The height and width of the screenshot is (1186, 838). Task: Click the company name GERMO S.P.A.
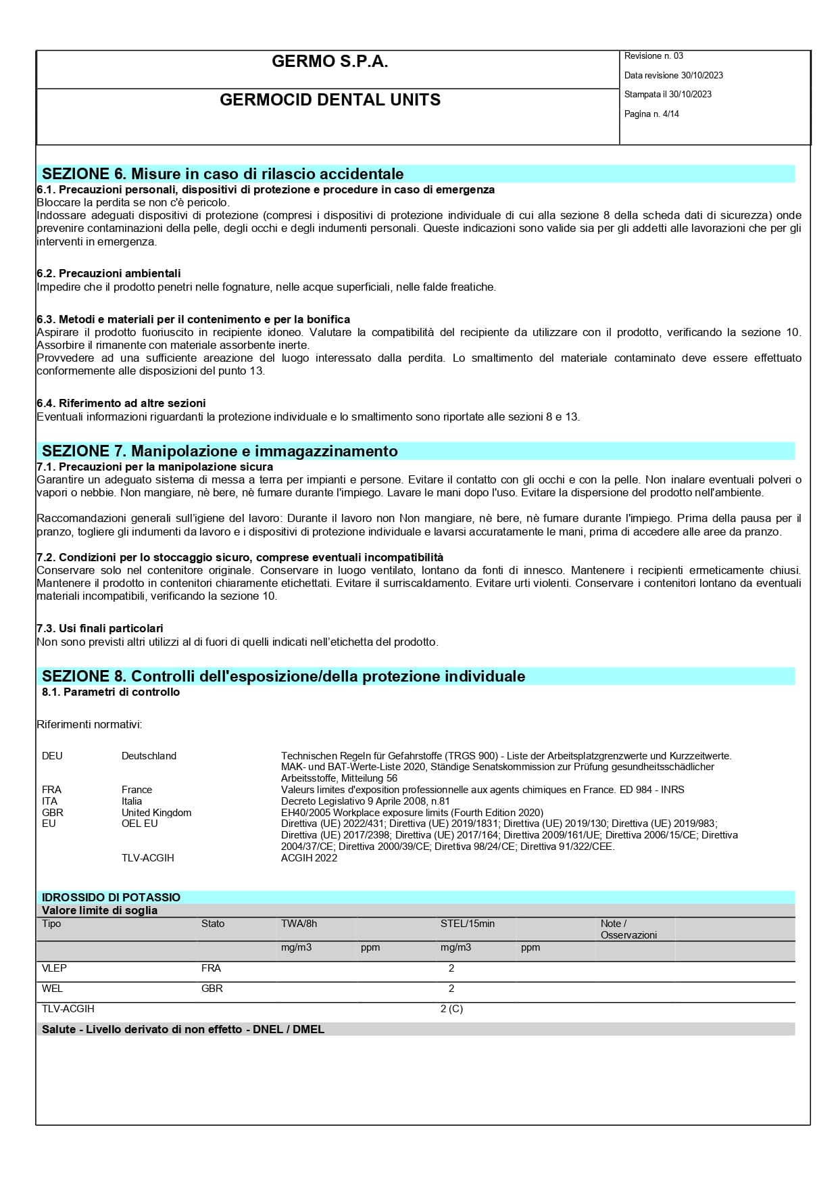coord(330,62)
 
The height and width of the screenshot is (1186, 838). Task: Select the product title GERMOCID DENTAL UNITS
coord(330,100)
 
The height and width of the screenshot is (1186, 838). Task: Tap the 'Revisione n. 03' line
coord(654,56)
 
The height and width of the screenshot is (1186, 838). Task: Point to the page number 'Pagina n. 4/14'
coord(651,114)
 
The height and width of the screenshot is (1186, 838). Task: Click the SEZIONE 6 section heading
coord(223,174)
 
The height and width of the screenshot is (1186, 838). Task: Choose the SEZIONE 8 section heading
coord(283,676)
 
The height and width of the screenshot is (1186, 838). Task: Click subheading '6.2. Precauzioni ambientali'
coord(109,274)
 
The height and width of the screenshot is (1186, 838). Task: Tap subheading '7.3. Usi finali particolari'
coord(100,628)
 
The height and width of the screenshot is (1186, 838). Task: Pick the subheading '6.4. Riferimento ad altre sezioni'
coord(121,404)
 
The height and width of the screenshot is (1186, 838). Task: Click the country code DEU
coord(52,756)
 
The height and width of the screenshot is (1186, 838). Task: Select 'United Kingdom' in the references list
coord(156,813)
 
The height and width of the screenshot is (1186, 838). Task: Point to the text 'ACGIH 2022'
coord(309,858)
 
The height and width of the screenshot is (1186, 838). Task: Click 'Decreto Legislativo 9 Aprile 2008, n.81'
coord(365,801)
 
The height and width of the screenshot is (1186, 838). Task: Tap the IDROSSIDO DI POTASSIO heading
coord(112,897)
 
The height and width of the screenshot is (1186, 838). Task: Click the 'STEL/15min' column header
coord(468,924)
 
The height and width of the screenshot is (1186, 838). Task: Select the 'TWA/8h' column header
coord(299,924)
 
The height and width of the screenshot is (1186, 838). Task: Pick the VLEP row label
coord(55,968)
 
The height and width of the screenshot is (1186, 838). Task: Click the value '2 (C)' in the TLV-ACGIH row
coord(451,1009)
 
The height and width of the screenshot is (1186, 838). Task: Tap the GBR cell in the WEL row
coord(212,989)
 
